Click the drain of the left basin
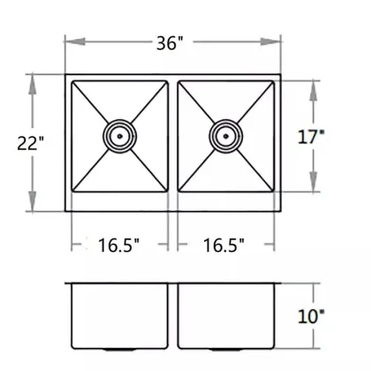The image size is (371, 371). click(119, 135)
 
